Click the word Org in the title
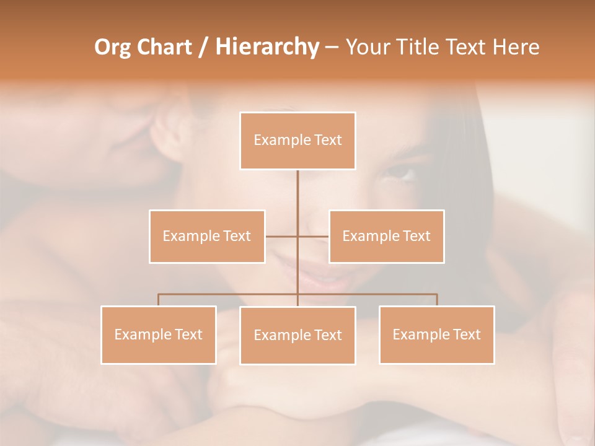pos(112,47)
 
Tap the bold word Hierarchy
pos(267,47)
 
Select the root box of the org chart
pos(297,141)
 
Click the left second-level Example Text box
pos(207,236)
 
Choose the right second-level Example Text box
pos(386,236)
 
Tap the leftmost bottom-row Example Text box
pos(159,334)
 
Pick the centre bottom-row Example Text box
pos(297,335)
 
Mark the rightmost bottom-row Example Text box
pos(436,334)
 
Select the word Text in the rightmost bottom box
pos(466,334)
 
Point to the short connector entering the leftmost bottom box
pos(159,300)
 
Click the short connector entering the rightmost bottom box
pos(437,300)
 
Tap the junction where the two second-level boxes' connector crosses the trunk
pos(297,236)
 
